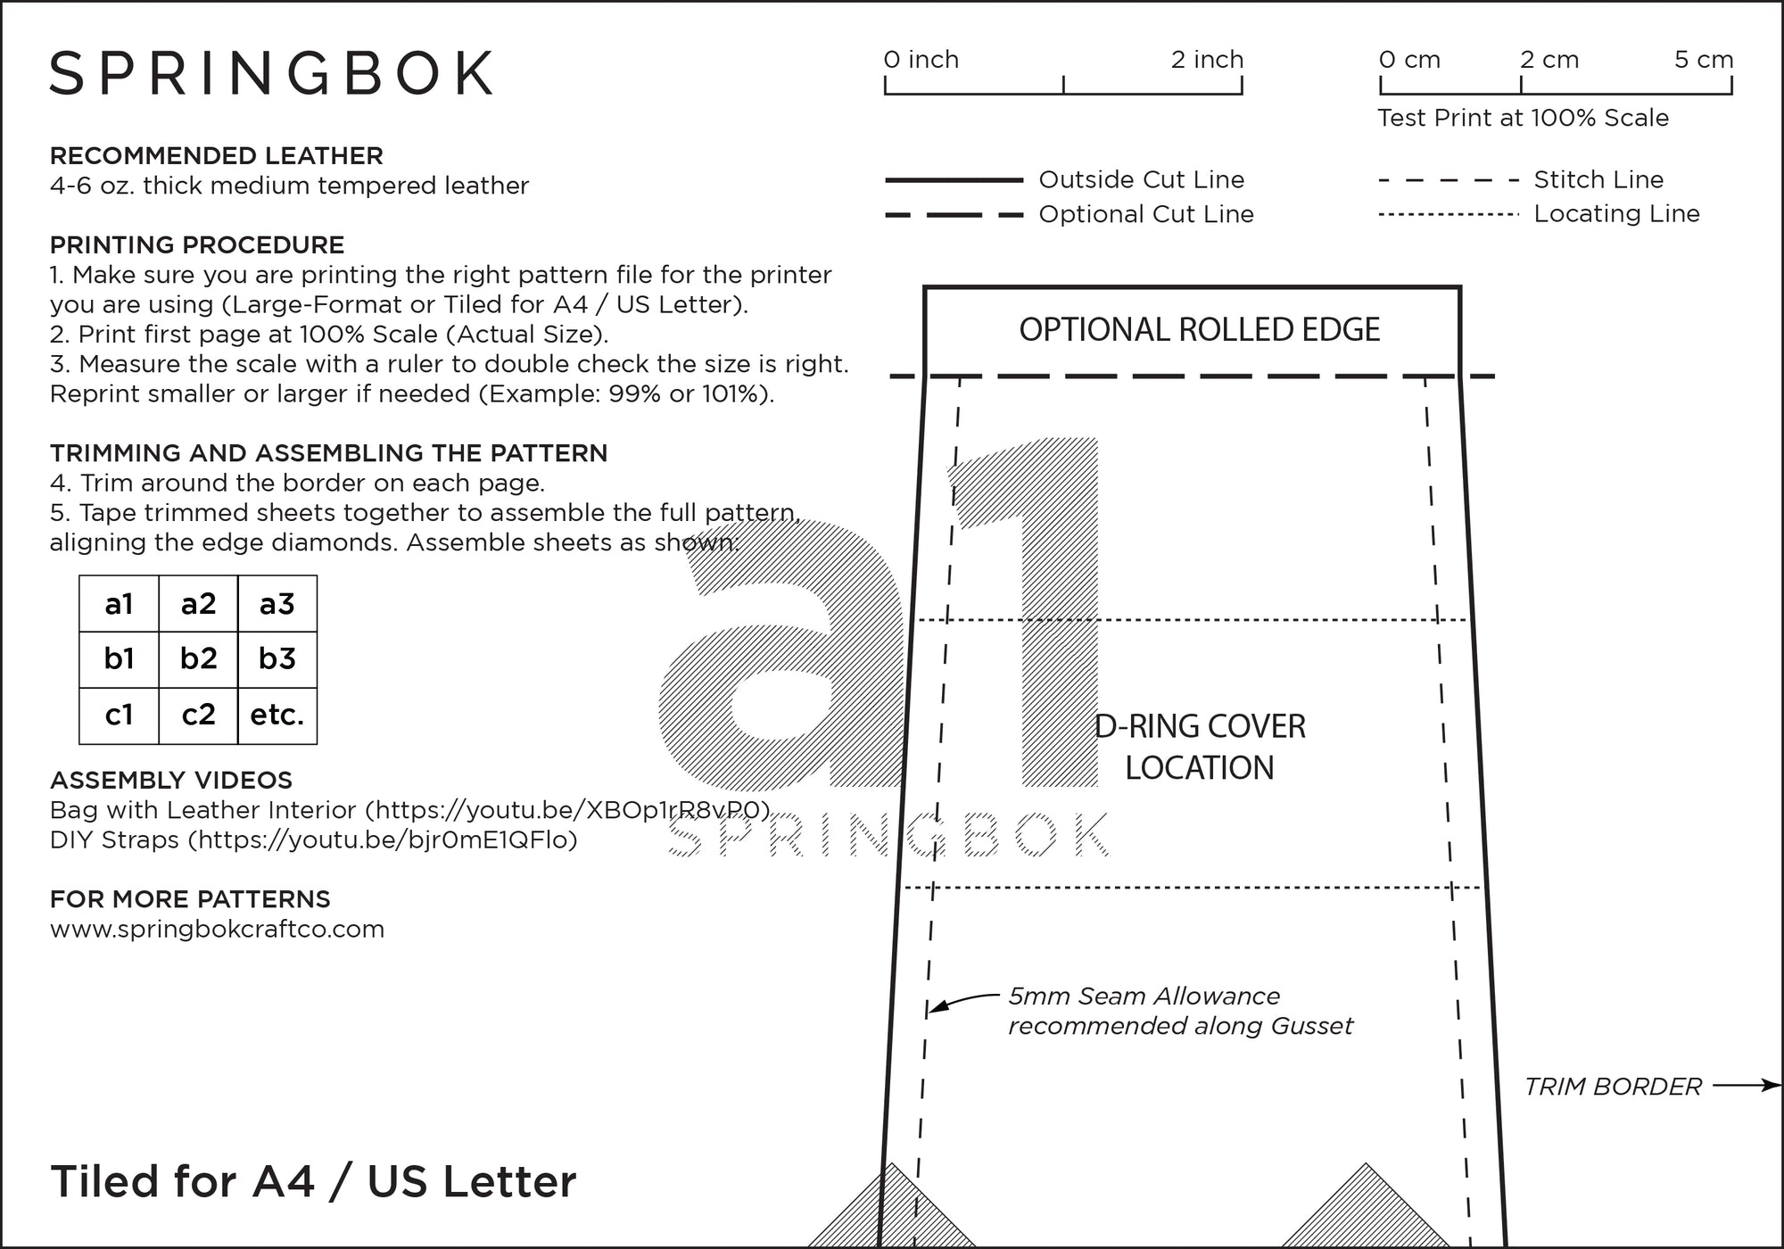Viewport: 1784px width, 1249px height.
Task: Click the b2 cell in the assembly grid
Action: click(x=198, y=658)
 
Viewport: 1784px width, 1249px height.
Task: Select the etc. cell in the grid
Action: click(x=277, y=715)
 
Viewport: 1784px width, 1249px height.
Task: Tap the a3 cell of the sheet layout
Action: click(x=277, y=604)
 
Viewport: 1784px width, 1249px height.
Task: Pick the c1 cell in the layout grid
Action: click(x=119, y=715)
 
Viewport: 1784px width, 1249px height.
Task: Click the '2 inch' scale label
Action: click(x=1207, y=60)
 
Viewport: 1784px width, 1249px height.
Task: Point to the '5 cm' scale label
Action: click(x=1703, y=60)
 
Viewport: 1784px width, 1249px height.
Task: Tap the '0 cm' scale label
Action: click(x=1409, y=60)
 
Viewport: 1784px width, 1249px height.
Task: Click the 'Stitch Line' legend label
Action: click(x=1598, y=179)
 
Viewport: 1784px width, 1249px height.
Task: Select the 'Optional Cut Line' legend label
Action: click(x=1146, y=214)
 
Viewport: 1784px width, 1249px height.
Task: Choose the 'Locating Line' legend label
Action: click(x=1616, y=214)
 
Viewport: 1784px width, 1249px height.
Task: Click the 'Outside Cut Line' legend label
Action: click(x=1141, y=179)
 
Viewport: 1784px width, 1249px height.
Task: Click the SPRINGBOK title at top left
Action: click(x=272, y=73)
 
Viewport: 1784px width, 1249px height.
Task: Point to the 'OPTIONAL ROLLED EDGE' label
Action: click(x=1199, y=330)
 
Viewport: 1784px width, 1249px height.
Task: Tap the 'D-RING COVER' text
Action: click(x=1200, y=727)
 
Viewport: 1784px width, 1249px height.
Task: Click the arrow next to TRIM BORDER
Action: click(x=1746, y=1086)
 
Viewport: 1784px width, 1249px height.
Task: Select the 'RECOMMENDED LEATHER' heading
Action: click(x=216, y=156)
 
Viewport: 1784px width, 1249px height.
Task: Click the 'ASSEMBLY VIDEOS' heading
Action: click(x=170, y=781)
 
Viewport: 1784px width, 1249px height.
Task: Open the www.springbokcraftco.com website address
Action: click(x=217, y=930)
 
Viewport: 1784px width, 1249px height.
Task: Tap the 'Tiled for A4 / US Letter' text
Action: click(x=313, y=1182)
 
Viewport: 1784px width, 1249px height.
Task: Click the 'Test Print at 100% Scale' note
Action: click(x=1523, y=118)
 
